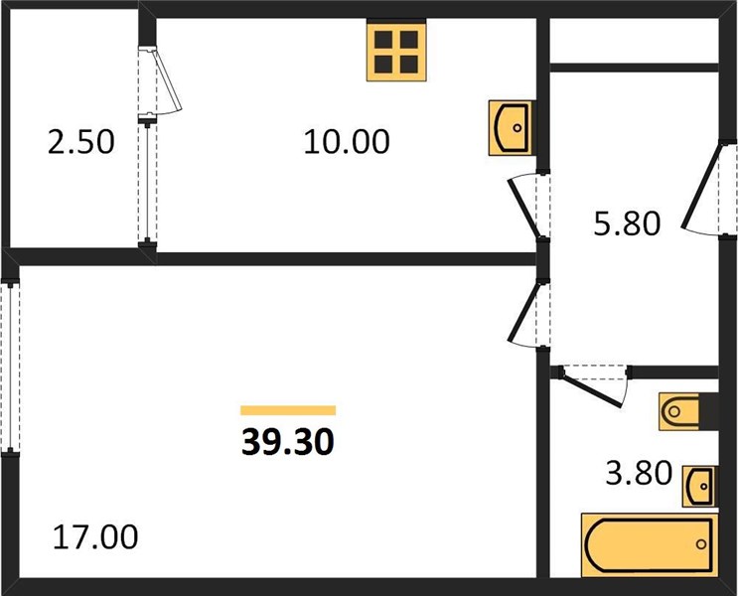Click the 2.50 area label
[81, 142]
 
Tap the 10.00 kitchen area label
[347, 142]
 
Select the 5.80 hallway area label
[628, 223]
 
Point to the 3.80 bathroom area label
[639, 473]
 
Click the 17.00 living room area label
[95, 537]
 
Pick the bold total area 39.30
[288, 443]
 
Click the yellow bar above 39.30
[288, 410]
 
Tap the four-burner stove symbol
[396, 52]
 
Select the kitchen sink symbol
[511, 127]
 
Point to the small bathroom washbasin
[699, 487]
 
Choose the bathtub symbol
[650, 544]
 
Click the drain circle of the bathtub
[701, 544]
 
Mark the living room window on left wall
[10, 368]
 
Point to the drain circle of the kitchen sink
[517, 127]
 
